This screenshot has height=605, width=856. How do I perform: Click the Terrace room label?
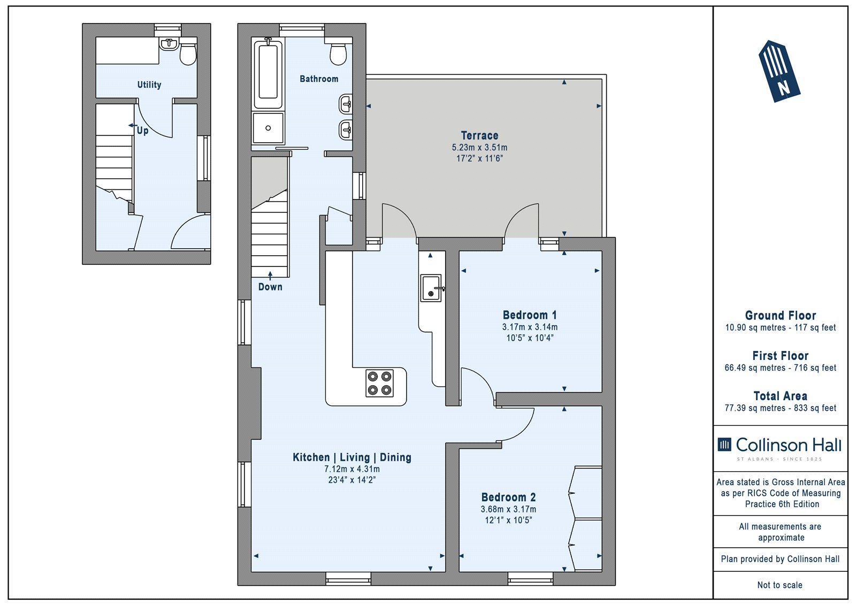coord(479,135)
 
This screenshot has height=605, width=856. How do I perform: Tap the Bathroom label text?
coord(319,79)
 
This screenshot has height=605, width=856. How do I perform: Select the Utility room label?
coord(149,85)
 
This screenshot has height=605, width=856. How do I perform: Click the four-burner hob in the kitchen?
coord(379,384)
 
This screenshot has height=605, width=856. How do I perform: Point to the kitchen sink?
coord(431,288)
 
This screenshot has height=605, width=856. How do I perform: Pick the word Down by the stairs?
coord(270,287)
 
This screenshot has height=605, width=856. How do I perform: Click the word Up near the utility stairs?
coord(142,131)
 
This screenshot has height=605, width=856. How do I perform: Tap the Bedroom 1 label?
coord(529,315)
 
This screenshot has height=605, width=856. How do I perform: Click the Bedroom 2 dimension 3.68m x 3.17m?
coord(508,509)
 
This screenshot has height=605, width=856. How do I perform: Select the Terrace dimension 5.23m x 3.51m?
coord(479,147)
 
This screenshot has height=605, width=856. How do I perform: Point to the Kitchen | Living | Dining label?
coord(352,457)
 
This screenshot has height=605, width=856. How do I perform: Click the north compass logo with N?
coord(779,71)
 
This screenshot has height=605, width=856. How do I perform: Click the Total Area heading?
coord(781,395)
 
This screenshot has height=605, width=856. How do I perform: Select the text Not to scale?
coord(780,585)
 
